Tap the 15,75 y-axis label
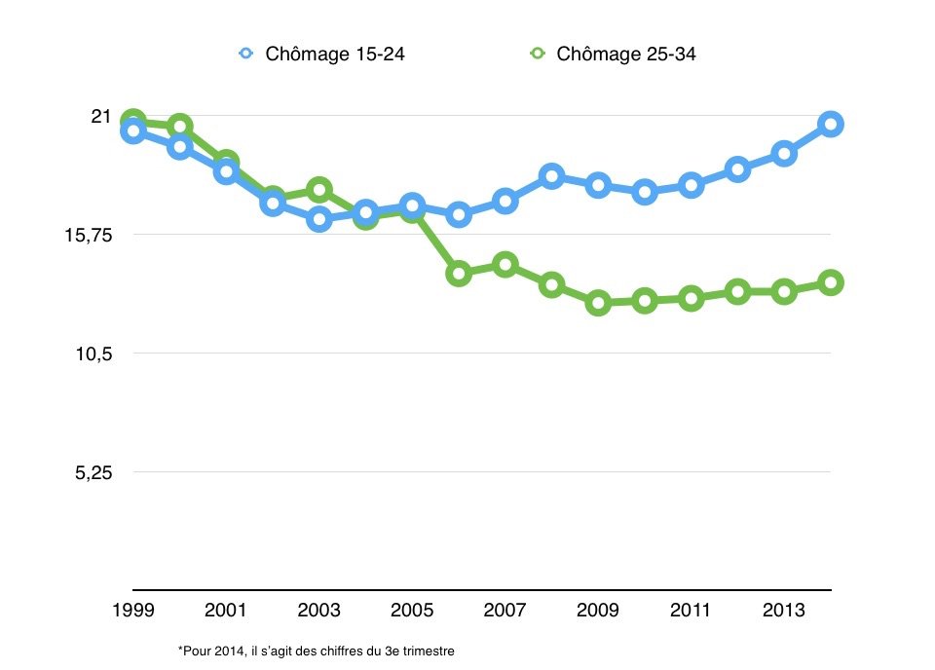87,235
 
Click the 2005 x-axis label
411,611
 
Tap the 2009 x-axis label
598,611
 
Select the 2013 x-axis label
784,611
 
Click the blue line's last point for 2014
831,124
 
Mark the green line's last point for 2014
831,282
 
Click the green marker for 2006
458,274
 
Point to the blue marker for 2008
551,176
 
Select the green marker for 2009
598,303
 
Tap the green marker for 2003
318,189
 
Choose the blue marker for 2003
318,219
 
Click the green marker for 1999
132,122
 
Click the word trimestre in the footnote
428,650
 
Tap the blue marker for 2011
692,185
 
